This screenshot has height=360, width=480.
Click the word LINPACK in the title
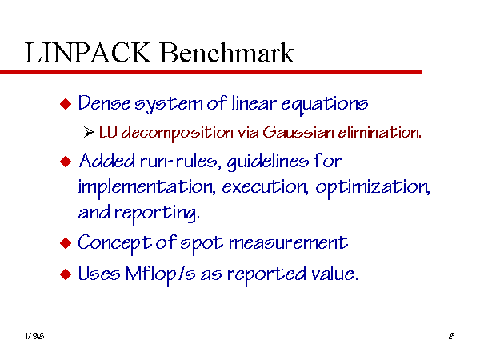(x=88, y=53)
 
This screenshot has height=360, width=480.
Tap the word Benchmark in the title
(x=226, y=53)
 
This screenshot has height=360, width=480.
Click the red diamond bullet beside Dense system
(x=66, y=104)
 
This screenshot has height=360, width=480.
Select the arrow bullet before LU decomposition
(x=89, y=132)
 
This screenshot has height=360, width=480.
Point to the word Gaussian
(x=298, y=132)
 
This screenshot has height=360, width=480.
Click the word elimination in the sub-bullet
(x=379, y=132)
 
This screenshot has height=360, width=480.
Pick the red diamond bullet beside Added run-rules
(x=66, y=162)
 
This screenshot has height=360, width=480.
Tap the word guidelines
(x=268, y=162)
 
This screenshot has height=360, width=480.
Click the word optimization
(x=373, y=187)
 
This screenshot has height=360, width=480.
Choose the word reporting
(x=157, y=213)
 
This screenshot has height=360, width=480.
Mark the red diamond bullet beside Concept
(x=66, y=243)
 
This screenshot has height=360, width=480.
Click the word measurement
(x=288, y=243)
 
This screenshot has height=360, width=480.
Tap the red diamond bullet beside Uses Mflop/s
(x=66, y=274)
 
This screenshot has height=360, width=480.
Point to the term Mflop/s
(x=161, y=274)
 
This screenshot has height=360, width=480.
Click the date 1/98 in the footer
(x=34, y=336)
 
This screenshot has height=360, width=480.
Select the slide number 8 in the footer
(x=451, y=336)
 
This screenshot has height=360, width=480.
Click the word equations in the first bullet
(x=325, y=104)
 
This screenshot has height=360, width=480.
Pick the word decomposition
(x=178, y=133)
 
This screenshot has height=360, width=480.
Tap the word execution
(x=265, y=187)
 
